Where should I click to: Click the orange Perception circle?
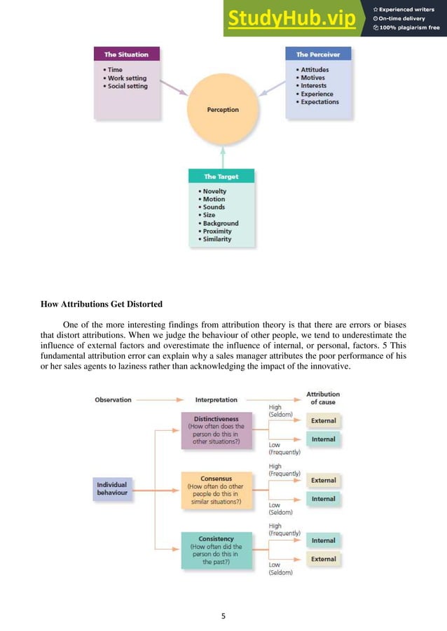(223, 109)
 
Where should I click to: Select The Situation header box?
(127, 54)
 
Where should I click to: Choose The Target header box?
(221, 176)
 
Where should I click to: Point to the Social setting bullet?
(128, 86)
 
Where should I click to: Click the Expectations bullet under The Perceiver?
(319, 101)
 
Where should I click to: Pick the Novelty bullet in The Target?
(214, 191)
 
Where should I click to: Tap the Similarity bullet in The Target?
(217, 239)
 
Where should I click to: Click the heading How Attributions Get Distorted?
(102, 304)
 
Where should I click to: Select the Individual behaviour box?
(112, 488)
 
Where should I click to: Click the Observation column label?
(113, 399)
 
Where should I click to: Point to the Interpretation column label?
(216, 399)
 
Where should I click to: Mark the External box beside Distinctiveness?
(324, 421)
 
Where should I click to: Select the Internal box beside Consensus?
(324, 499)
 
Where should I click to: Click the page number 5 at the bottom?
(224, 616)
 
